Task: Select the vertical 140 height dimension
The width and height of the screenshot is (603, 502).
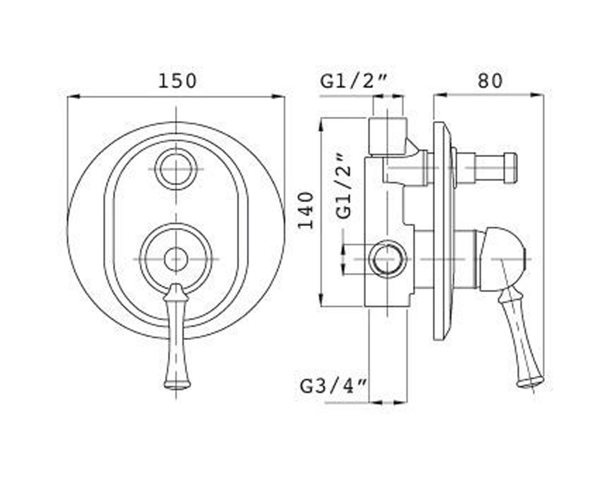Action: (306, 211)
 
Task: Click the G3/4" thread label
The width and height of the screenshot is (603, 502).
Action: (334, 386)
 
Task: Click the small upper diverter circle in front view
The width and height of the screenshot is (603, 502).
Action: (176, 169)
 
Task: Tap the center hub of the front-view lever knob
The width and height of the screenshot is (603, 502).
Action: (176, 259)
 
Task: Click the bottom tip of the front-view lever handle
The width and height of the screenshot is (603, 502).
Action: (177, 388)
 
